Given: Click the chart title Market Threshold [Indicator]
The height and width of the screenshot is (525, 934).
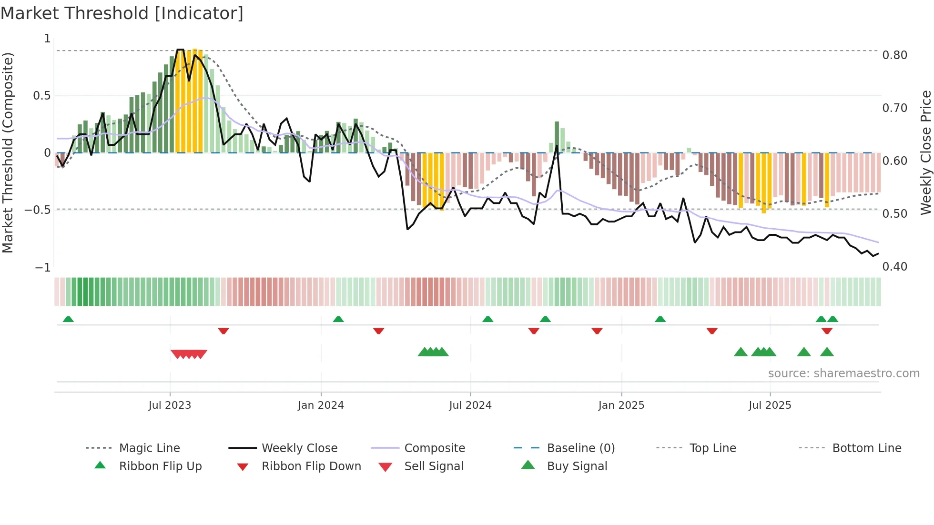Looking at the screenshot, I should pyautogui.click(x=122, y=13).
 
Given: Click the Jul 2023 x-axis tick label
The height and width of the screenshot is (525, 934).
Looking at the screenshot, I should pyautogui.click(x=170, y=405).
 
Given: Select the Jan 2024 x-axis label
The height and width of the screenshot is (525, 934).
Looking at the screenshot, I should pyautogui.click(x=321, y=405).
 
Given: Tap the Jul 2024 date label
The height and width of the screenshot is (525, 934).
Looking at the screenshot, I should pyautogui.click(x=470, y=405).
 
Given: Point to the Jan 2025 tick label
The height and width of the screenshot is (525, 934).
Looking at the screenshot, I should pyautogui.click(x=621, y=405).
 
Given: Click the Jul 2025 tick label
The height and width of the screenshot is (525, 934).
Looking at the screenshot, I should pyautogui.click(x=770, y=405).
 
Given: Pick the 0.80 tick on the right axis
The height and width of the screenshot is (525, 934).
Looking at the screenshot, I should pyautogui.click(x=895, y=55).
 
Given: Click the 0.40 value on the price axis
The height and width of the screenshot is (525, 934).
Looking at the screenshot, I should pyautogui.click(x=895, y=267).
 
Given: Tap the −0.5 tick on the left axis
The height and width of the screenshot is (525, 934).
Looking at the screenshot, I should pyautogui.click(x=38, y=210).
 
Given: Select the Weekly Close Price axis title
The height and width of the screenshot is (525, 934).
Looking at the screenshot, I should pyautogui.click(x=925, y=152).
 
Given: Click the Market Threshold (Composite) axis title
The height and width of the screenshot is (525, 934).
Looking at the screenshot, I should pyautogui.click(x=8, y=152).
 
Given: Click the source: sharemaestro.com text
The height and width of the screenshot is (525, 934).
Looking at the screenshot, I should pyautogui.click(x=843, y=374).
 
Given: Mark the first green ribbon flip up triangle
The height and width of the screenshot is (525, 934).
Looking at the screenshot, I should pyautogui.click(x=68, y=319).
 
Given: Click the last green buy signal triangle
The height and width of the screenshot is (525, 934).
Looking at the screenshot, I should pyautogui.click(x=827, y=353).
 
